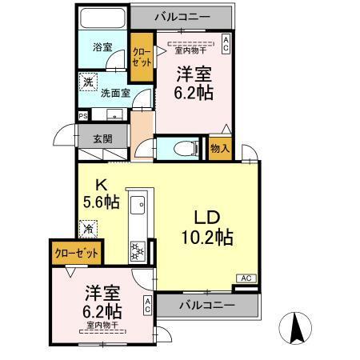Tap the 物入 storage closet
[x=219, y=148]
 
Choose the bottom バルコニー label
[x=206, y=306]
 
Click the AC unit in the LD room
[x=246, y=278]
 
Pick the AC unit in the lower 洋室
[x=147, y=305]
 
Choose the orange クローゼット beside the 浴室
[x=142, y=57]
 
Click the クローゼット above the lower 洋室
[x=78, y=253]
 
